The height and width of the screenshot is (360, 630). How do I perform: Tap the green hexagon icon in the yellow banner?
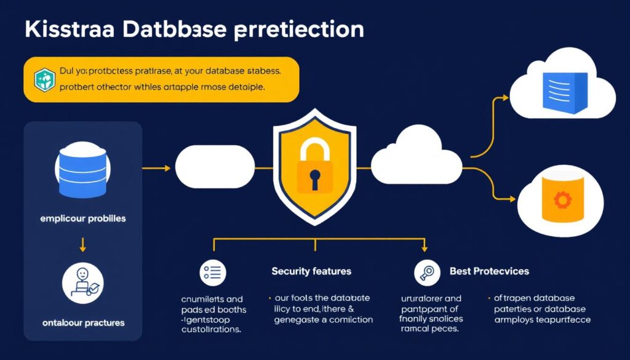point(44,79)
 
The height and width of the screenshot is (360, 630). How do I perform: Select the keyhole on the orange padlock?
point(314,179)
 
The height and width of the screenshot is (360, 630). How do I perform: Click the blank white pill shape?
point(215,167)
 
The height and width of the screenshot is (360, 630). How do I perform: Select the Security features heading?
point(311,271)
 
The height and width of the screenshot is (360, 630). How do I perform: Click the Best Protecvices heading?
point(489,271)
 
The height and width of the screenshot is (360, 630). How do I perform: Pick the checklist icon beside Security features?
point(213,271)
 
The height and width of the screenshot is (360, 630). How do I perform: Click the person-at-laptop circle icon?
point(83,284)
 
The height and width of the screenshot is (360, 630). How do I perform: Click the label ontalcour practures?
point(82,322)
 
